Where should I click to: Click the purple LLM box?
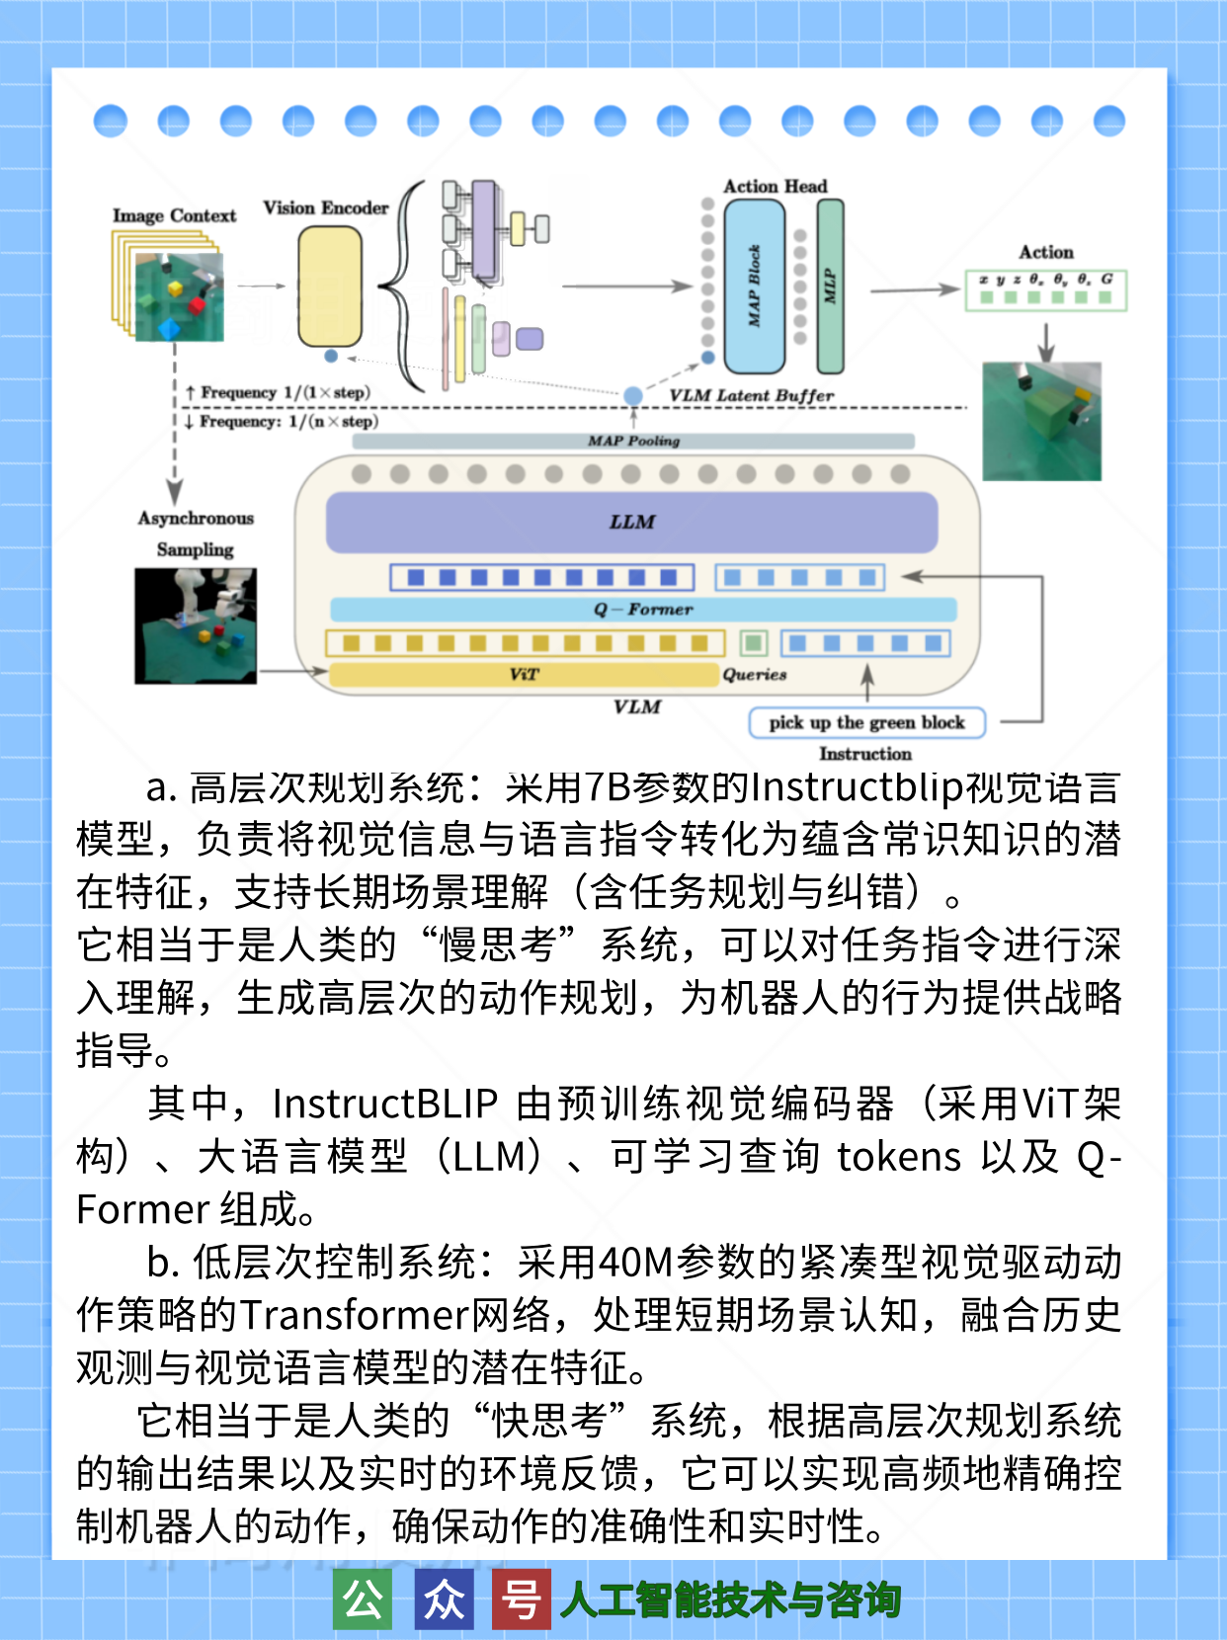click(x=631, y=522)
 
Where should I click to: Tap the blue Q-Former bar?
click(x=643, y=609)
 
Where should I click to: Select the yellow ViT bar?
click(x=524, y=675)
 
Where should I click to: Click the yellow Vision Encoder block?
click(x=330, y=286)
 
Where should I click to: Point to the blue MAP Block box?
click(x=754, y=287)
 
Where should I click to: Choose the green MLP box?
click(x=830, y=287)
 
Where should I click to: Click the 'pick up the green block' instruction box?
click(x=866, y=722)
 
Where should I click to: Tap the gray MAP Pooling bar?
click(x=633, y=441)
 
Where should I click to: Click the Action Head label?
click(x=775, y=186)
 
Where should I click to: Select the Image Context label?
click(x=174, y=215)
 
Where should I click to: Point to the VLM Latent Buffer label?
click(x=751, y=395)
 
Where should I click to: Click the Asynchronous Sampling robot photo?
click(x=196, y=625)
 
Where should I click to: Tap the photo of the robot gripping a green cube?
click(x=1041, y=421)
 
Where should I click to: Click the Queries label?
click(x=754, y=675)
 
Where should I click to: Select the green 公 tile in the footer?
click(x=363, y=1599)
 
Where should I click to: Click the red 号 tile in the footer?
click(x=521, y=1599)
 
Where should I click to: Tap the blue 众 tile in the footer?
click(x=443, y=1599)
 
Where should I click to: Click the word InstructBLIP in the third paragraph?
click(x=384, y=1104)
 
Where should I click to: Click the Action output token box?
click(x=1045, y=289)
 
